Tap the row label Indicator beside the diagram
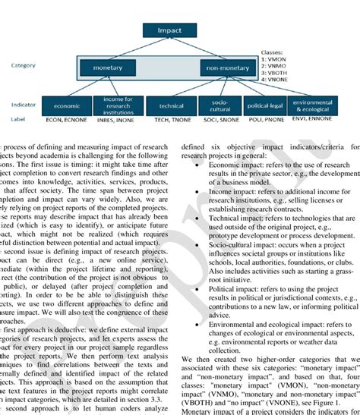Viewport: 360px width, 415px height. click(21, 105)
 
